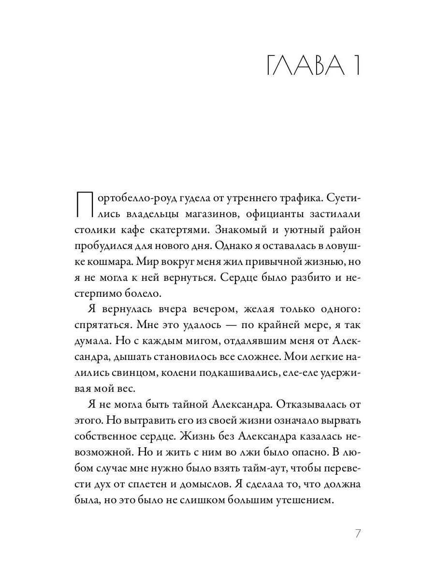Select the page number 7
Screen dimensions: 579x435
click(358, 534)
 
